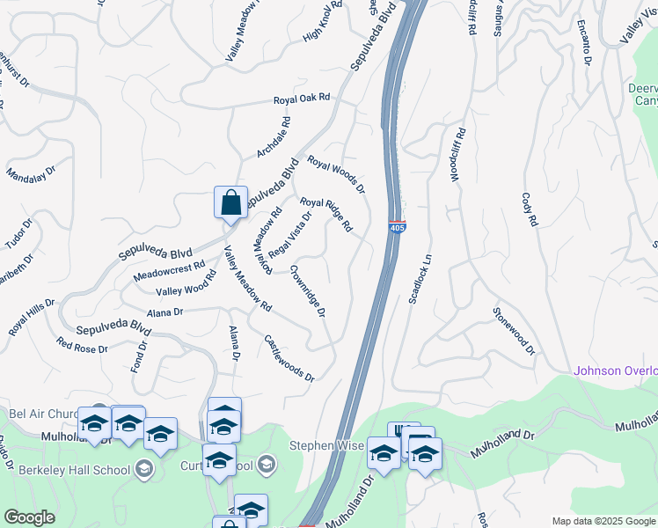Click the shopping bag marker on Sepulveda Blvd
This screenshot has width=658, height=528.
(x=230, y=203)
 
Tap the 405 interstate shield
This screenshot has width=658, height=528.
(x=397, y=227)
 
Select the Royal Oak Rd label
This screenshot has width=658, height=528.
(x=301, y=99)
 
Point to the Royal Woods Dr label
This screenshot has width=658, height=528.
(x=336, y=173)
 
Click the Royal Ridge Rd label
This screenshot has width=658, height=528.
(x=326, y=215)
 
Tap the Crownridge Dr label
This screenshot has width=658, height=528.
(x=309, y=290)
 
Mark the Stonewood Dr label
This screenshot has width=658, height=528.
(x=514, y=331)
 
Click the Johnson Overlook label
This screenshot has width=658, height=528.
(x=615, y=370)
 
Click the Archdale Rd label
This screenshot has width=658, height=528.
(x=274, y=138)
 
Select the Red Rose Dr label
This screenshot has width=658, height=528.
(x=82, y=345)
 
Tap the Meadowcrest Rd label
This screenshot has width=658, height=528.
(x=169, y=269)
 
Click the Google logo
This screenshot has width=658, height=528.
(x=29, y=517)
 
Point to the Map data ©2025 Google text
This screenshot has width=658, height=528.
(x=603, y=521)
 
